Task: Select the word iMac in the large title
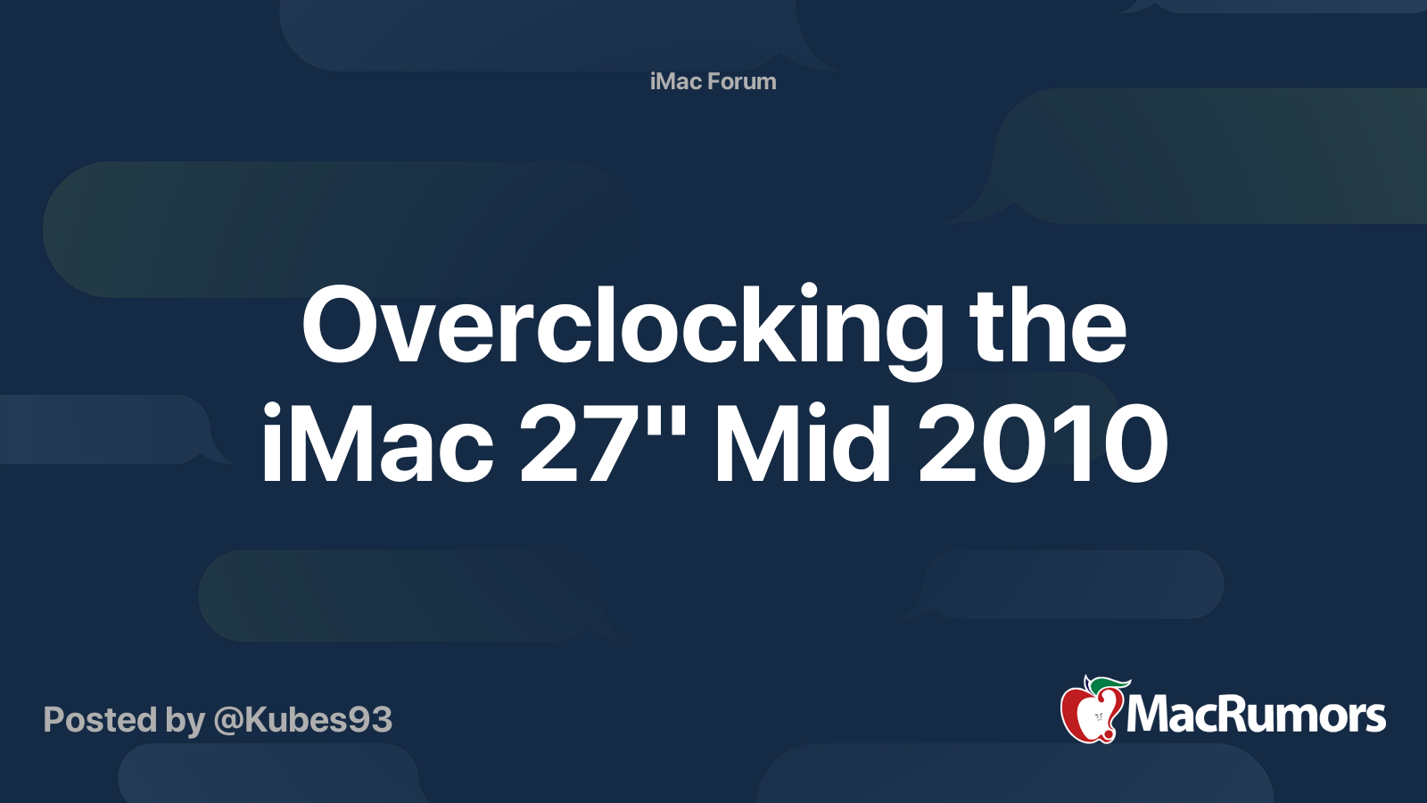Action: click(x=376, y=443)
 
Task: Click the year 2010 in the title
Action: click(x=1042, y=443)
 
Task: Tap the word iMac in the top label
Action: click(x=676, y=81)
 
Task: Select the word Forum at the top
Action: click(x=743, y=81)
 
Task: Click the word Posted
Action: click(x=100, y=719)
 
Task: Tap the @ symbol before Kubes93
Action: click(x=227, y=720)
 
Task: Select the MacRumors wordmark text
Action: click(x=1256, y=716)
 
